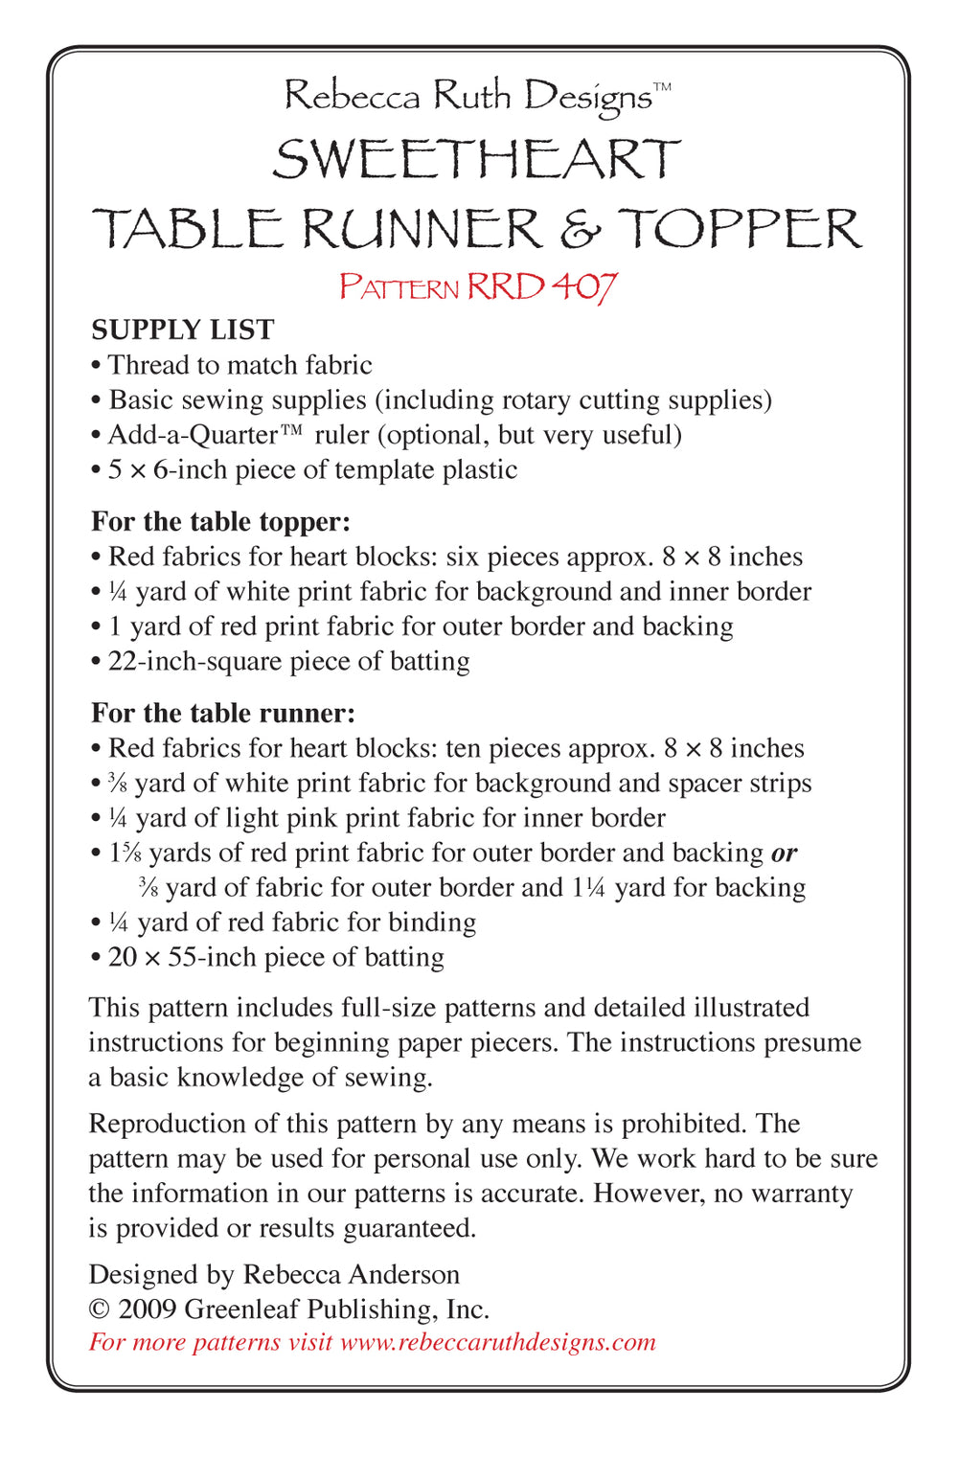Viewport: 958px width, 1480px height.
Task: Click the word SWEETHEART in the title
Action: tap(476, 159)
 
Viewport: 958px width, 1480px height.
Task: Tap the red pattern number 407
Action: tap(584, 285)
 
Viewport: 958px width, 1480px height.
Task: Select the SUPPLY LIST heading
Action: tap(182, 330)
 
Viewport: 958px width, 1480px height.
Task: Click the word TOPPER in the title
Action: tap(740, 229)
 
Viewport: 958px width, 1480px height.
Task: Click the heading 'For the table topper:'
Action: tap(220, 521)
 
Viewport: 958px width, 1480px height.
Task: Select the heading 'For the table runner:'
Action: tap(222, 713)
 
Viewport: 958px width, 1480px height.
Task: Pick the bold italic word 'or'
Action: tap(784, 853)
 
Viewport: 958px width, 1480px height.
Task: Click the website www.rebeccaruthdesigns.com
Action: tap(498, 1341)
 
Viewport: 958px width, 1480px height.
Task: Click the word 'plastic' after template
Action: tap(479, 469)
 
